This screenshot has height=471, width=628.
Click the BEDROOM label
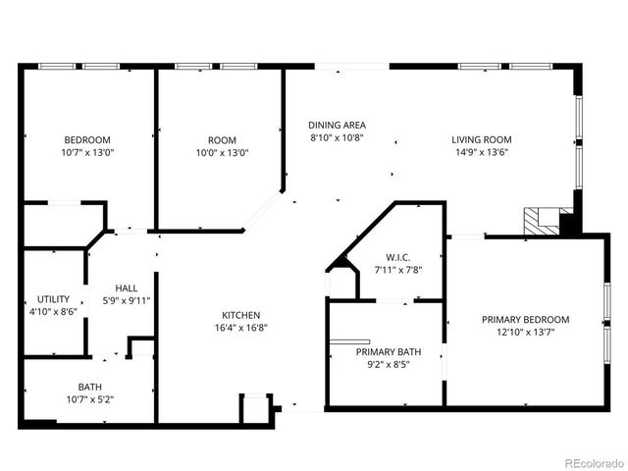[x=87, y=139]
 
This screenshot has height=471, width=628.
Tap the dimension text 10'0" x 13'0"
[x=222, y=152]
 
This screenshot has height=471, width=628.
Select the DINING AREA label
[x=337, y=125]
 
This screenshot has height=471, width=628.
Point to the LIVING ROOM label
[x=482, y=139]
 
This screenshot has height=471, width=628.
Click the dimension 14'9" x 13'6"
[x=482, y=152]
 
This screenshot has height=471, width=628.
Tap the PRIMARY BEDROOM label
[x=525, y=320]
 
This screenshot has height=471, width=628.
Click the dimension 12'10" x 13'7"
[x=525, y=333]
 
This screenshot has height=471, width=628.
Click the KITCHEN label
[x=239, y=315]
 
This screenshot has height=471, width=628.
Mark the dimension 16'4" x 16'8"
[x=239, y=328]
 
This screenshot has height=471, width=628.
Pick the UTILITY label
[x=53, y=298]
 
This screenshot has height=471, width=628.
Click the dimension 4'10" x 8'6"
[x=53, y=311]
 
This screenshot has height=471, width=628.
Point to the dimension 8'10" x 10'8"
[x=337, y=137]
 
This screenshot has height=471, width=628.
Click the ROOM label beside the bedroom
[x=222, y=139]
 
